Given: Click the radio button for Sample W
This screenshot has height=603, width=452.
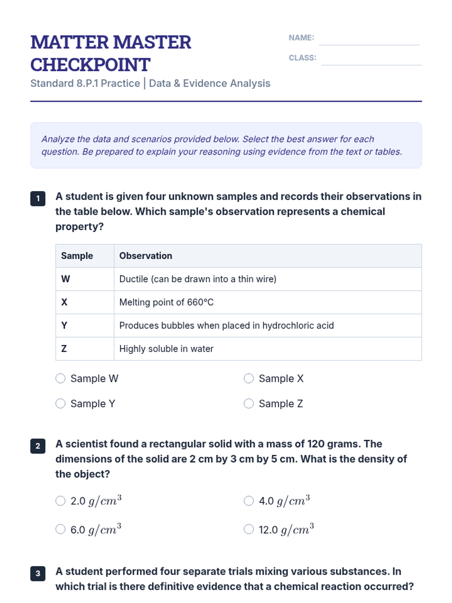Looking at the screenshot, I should tap(61, 378).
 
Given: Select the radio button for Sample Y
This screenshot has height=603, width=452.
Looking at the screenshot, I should tap(61, 404).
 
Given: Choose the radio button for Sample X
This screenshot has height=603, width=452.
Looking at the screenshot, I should tap(249, 378).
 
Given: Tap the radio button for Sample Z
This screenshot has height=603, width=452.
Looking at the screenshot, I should tap(249, 404).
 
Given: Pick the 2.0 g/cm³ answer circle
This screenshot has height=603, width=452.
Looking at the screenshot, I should tap(61, 501).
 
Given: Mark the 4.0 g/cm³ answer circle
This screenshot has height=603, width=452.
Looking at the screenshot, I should tap(249, 501).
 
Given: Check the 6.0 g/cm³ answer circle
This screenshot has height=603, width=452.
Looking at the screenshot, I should tap(61, 530).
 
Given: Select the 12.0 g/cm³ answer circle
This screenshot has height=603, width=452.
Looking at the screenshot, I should tap(249, 530).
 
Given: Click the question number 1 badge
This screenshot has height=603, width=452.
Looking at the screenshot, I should tap(38, 199).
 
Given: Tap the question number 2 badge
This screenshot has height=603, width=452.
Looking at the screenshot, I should tap(38, 446).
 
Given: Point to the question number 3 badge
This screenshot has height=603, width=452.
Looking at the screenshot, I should tap(38, 574).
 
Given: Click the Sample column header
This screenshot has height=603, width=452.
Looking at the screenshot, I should tap(77, 256).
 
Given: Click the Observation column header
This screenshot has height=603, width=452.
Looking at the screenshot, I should tap(146, 256).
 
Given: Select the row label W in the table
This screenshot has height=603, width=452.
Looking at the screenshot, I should tap(66, 279).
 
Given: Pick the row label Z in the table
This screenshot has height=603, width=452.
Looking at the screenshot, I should tap(64, 349).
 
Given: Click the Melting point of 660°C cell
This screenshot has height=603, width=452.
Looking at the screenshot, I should tap(166, 302).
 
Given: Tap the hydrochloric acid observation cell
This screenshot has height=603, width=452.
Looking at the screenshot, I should tap(226, 326).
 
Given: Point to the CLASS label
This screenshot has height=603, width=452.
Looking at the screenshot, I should tap(302, 58).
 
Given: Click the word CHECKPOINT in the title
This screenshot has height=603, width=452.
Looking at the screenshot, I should tap(90, 65).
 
